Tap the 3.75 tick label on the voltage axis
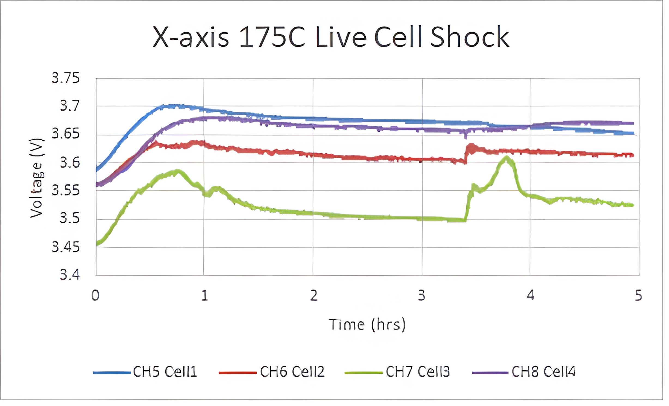pyautogui.click(x=66, y=78)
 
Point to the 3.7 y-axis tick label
pyautogui.click(x=69, y=106)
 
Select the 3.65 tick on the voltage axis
pyautogui.click(x=66, y=134)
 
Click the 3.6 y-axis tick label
pyautogui.click(x=69, y=163)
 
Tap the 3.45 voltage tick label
pyautogui.click(x=66, y=247)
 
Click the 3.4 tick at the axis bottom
pyautogui.click(x=69, y=274)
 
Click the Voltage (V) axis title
pyautogui.click(x=37, y=178)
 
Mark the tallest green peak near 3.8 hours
pyautogui.click(x=507, y=157)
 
